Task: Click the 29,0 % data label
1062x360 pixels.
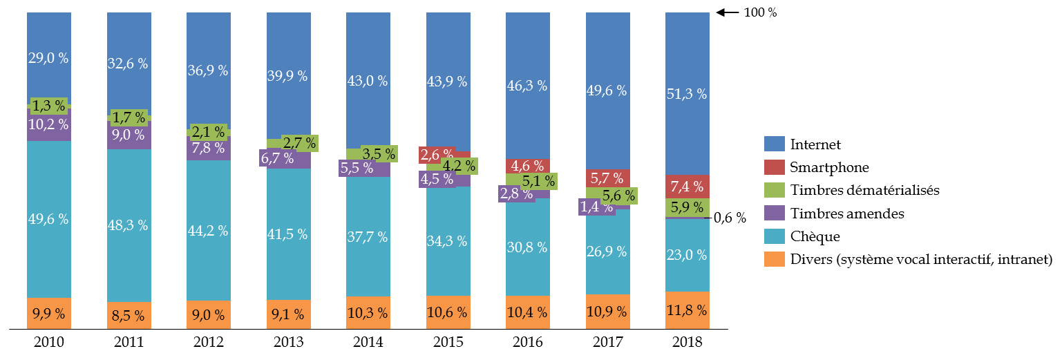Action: [x=48, y=59]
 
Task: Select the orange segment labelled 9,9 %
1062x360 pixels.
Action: [x=48, y=314]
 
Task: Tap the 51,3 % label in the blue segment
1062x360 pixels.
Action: [x=687, y=95]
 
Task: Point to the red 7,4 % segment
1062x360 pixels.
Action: [x=687, y=187]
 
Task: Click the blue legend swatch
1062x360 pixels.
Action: [x=774, y=144]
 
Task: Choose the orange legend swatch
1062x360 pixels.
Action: [x=774, y=259]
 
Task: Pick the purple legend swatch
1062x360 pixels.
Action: [x=774, y=213]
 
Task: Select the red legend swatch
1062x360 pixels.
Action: [x=774, y=167]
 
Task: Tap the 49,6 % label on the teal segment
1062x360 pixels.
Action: [x=48, y=220]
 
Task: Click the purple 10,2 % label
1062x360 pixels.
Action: [x=48, y=125]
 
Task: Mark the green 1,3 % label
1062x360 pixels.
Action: [x=48, y=106]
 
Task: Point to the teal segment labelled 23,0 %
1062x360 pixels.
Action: [x=687, y=255]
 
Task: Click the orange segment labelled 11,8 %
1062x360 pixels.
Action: [x=687, y=310]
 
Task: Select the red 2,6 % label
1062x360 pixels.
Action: [x=437, y=155]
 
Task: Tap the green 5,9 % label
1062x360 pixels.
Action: [x=687, y=207]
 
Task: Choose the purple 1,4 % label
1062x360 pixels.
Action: [x=596, y=207]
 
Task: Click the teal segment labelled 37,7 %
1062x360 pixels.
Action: [x=368, y=237]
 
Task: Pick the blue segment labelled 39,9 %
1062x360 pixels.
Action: [x=288, y=76]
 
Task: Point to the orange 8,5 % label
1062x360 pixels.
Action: [x=128, y=316]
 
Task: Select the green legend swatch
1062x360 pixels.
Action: [x=774, y=190]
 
